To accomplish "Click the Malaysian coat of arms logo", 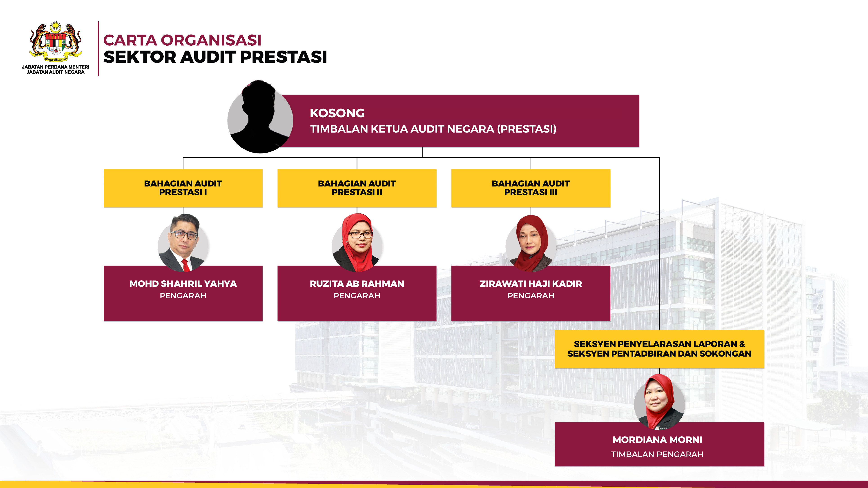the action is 56,42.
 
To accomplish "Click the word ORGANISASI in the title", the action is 211,40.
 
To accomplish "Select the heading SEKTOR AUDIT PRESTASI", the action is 215,57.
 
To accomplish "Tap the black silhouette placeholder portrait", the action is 260,117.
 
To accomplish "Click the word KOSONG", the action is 337,113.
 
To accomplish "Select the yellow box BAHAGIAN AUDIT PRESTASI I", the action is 183,188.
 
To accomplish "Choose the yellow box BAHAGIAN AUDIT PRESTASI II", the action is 357,188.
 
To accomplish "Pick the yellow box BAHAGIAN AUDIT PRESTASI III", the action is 531,188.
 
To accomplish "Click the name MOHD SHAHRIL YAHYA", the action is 183,284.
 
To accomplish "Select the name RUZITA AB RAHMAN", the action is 357,284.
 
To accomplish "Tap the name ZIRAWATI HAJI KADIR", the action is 531,284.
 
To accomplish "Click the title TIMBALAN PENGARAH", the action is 657,454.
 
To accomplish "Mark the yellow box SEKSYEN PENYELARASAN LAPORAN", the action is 659,349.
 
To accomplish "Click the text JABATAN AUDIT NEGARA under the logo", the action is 56,72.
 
